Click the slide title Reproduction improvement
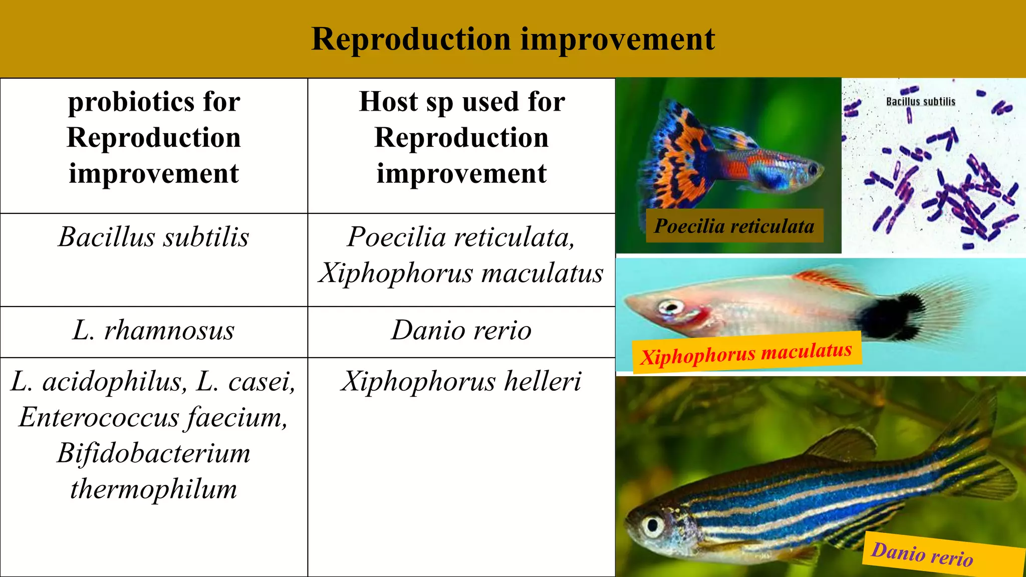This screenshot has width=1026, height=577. [512, 39]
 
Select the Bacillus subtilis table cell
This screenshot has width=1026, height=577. [153, 237]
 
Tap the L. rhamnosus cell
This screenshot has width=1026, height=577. [153, 331]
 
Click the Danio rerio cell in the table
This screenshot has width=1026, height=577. [461, 331]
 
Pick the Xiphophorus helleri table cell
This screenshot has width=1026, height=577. [461, 382]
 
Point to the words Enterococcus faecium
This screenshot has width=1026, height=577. [153, 417]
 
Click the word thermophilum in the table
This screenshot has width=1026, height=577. [153, 489]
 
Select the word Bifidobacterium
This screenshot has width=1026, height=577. [153, 453]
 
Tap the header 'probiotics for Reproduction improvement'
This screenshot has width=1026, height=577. [153, 138]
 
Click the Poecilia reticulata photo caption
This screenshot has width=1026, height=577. [734, 226]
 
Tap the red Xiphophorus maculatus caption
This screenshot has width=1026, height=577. [746, 353]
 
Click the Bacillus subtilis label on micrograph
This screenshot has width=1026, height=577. [920, 102]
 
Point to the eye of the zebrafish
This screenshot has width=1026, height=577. [653, 525]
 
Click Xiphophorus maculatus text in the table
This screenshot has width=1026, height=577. [461, 273]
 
